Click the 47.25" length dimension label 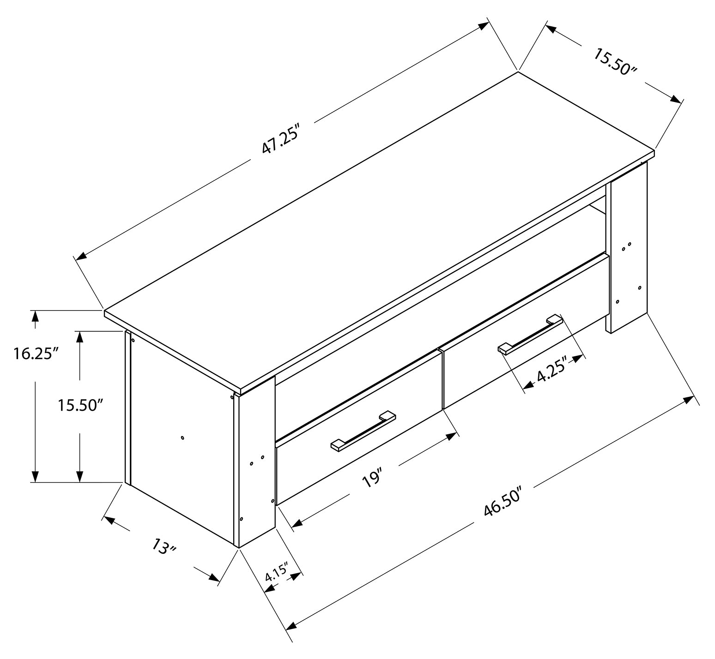point(281,138)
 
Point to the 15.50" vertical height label point(80,405)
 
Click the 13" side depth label point(164,547)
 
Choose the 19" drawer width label point(372,479)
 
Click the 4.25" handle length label point(551,376)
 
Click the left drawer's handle point(363,430)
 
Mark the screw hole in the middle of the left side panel point(182,437)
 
